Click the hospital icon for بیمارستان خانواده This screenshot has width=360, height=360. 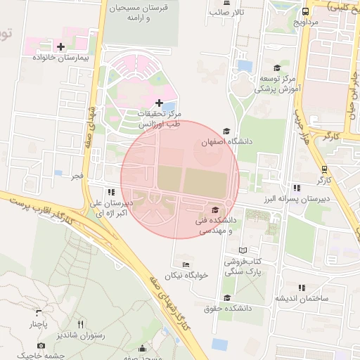coord(61,47)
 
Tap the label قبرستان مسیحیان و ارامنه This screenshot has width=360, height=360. coord(137,13)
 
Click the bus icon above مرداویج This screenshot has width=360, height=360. coord(305,12)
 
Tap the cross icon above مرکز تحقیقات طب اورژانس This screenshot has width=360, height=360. coord(159,103)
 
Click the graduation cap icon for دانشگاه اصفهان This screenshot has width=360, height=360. coord(226,131)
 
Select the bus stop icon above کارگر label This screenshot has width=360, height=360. coord(323,169)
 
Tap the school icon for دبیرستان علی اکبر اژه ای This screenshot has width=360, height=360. coord(110,192)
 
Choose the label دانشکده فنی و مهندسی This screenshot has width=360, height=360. coord(210,226)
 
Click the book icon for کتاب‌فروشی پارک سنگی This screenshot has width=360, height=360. coord(243,250)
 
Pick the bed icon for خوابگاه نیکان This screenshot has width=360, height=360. coord(186,264)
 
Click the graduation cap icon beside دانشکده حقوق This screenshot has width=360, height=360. coord(226,297)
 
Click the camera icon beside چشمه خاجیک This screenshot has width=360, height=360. coord(41,346)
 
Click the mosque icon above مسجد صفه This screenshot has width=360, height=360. coord(143,348)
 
